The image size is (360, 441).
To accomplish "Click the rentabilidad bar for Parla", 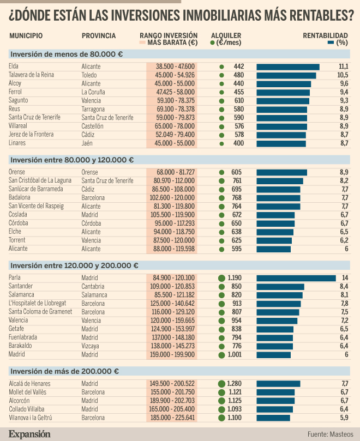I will pos(296,278).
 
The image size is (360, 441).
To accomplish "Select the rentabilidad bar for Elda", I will pos(287,67).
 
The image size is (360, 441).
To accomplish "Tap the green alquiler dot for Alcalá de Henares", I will pos(221,384).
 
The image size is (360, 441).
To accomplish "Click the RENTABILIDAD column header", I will pos(325,36).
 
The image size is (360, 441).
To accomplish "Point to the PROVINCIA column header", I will pos(99,36).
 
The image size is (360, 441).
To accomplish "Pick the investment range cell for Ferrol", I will pos(171,92).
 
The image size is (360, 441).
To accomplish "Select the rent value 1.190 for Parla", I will pos(235,278).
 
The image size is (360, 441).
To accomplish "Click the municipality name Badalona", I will pos(20,197).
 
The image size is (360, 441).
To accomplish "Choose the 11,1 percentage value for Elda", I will pos(343,67).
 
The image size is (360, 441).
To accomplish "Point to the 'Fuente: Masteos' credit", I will pos(330,434).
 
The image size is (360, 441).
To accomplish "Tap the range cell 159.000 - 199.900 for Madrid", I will pos(171,354).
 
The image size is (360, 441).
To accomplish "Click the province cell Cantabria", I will pos(93,286).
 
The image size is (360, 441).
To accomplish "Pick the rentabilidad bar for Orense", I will pos(281,172).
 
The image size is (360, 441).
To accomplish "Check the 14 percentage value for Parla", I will pos(345,278).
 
